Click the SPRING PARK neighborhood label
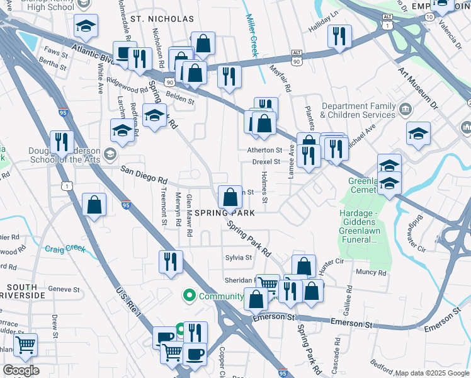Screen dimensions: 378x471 click(x=225, y=214)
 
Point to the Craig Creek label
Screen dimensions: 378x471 click(x=64, y=249)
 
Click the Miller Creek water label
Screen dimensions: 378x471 click(x=253, y=36)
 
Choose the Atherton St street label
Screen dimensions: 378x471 click(x=264, y=151)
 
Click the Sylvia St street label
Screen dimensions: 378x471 click(x=239, y=258)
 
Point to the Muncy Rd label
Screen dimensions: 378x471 click(x=371, y=273)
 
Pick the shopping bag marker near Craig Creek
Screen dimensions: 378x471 click(x=94, y=204)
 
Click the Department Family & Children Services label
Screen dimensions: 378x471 click(x=358, y=111)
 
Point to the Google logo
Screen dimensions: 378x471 click(x=21, y=370)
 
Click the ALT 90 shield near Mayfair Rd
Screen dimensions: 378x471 click(x=297, y=54)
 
